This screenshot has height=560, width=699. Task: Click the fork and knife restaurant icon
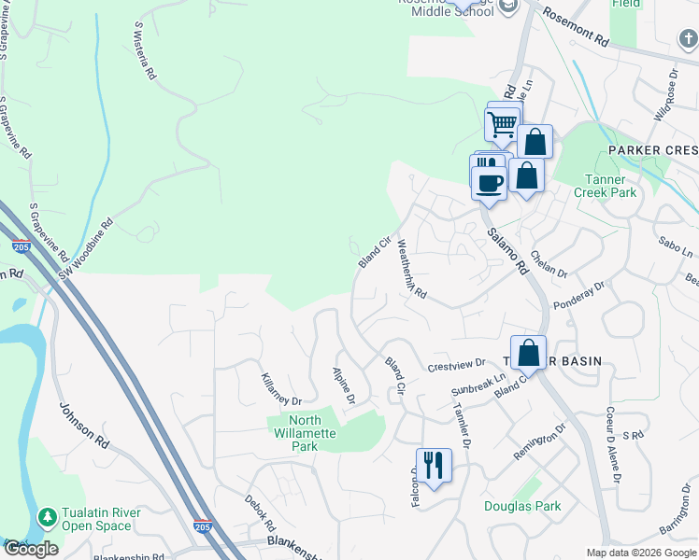click(434, 465)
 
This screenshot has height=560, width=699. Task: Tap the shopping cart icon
click(503, 123)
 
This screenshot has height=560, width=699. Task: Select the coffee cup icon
click(489, 179)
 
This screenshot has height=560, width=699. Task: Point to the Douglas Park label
click(522, 507)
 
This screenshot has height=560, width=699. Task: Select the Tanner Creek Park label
click(610, 186)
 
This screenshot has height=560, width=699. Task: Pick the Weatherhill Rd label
click(411, 269)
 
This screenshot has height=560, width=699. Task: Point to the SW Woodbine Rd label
click(86, 246)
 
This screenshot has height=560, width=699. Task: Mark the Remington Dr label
click(540, 443)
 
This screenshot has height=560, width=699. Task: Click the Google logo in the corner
click(31, 549)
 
